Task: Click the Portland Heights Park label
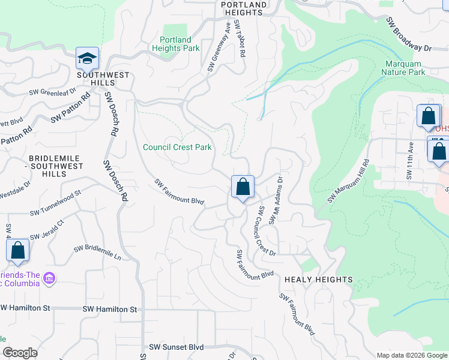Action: (175, 44)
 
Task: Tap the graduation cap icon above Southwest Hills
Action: (87, 59)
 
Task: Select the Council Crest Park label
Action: (177, 147)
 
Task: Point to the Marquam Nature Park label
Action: (403, 68)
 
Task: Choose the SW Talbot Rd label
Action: (240, 38)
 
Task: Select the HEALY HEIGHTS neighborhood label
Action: (318, 280)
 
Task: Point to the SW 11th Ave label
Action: (411, 161)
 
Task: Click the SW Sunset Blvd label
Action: (176, 347)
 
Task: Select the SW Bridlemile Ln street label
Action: (97, 253)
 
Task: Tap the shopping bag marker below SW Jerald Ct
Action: (17, 251)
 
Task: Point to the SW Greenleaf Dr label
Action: (53, 92)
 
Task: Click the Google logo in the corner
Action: (20, 353)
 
